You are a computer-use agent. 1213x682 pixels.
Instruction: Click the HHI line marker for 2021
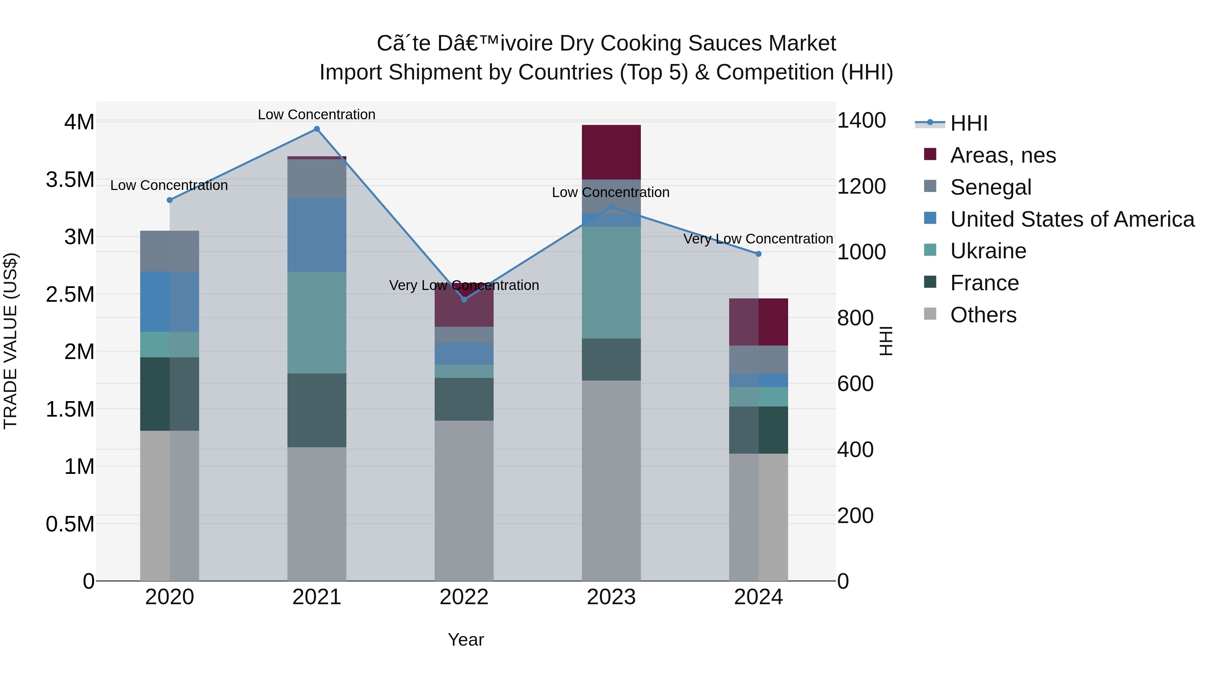[317, 129]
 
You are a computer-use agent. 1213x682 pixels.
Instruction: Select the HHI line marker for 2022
[464, 299]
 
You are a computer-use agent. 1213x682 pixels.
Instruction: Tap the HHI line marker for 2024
[758, 254]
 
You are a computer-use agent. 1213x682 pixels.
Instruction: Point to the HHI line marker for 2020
[169, 200]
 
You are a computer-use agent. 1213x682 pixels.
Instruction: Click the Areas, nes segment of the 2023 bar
[611, 152]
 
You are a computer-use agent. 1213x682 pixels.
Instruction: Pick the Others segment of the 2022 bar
[464, 500]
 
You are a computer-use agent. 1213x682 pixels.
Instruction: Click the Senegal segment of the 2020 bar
[169, 251]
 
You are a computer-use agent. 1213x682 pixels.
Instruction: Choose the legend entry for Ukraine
[988, 251]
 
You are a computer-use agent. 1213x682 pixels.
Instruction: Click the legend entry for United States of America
[1072, 219]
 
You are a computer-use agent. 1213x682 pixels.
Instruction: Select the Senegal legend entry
[990, 187]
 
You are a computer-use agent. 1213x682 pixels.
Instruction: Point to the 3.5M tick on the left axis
[70, 180]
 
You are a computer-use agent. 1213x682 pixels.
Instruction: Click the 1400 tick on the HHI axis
[861, 121]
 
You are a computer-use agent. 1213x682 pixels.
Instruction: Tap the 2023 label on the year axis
[611, 597]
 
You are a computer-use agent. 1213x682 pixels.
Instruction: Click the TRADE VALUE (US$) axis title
[10, 341]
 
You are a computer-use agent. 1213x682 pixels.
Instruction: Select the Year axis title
[466, 640]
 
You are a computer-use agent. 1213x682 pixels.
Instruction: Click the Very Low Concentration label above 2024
[758, 239]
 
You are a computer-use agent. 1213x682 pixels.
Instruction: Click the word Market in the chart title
[802, 43]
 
